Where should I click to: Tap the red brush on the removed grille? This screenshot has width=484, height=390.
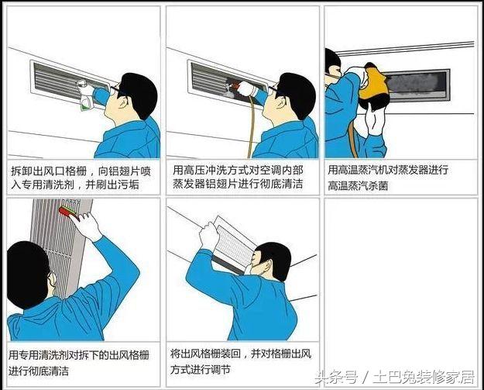point(68,212)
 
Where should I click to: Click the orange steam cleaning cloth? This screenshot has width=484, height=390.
point(375,83)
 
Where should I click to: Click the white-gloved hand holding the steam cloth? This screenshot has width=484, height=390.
point(374,119)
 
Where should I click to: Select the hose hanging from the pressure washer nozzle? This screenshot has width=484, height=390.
point(252,126)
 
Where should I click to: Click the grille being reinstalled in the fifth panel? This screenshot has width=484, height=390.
point(234,244)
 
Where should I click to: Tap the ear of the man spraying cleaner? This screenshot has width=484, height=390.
point(123,102)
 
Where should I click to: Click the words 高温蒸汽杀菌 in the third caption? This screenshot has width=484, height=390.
point(358,186)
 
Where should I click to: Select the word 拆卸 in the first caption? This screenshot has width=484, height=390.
point(22,171)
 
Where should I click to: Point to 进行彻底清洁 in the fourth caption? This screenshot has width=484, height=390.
point(39,371)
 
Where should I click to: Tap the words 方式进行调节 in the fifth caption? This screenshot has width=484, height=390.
point(201,369)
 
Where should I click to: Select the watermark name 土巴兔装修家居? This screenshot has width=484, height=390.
point(424,378)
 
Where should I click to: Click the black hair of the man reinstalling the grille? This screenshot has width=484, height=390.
point(276,257)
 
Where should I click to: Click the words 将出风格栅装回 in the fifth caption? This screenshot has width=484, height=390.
point(205,354)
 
